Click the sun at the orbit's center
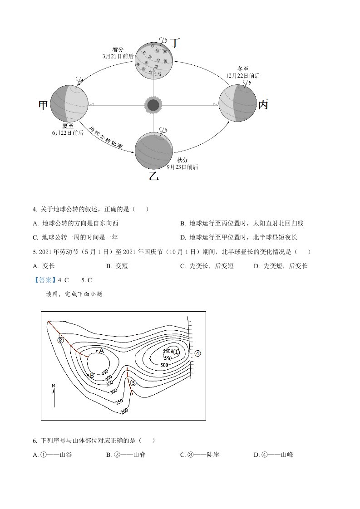coord(153,105)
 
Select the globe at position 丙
coord(237,104)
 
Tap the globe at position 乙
coord(154,150)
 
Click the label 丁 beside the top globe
coord(175,44)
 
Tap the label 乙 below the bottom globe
coord(154,176)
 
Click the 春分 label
coord(119,49)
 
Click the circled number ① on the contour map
coord(177,352)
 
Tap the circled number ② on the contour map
coord(60,340)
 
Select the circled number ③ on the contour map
coord(133,382)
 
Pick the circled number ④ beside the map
coord(197,353)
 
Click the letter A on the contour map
coord(102,351)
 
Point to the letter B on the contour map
coord(92,375)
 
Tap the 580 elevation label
coord(167,351)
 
